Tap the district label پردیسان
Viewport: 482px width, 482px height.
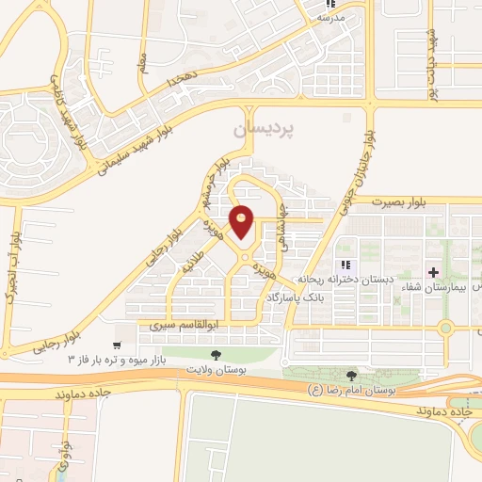pyautogui.click(x=258, y=126)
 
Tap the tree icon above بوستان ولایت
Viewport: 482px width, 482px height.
pyautogui.click(x=217, y=355)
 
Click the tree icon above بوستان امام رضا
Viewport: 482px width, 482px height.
pyautogui.click(x=352, y=376)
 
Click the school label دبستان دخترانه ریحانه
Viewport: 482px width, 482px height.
pyautogui.click(x=334, y=281)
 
